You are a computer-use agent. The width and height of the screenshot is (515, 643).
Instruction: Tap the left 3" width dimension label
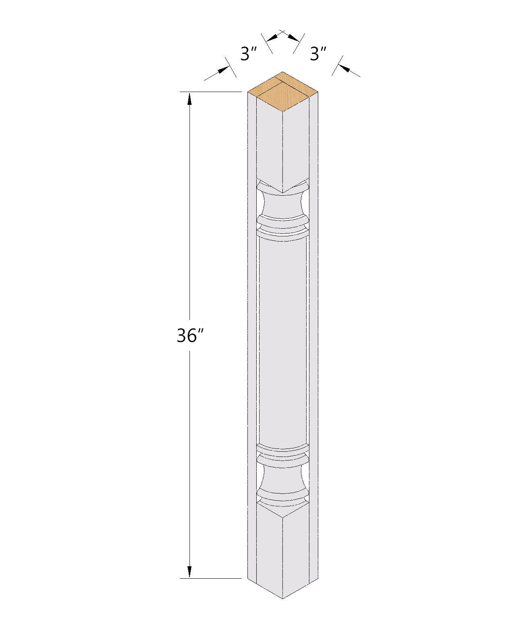point(249,53)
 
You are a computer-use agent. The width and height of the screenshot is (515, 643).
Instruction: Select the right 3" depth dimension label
point(317,53)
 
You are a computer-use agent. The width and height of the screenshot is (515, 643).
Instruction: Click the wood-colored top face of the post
point(282,91)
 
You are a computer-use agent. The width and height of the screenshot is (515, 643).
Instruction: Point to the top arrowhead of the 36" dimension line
point(190,99)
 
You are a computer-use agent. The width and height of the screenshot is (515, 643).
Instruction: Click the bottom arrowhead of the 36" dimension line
point(190,571)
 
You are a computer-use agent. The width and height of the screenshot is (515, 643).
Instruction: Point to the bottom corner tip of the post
point(283,598)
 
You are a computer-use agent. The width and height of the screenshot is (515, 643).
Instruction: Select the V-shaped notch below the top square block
point(283,191)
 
